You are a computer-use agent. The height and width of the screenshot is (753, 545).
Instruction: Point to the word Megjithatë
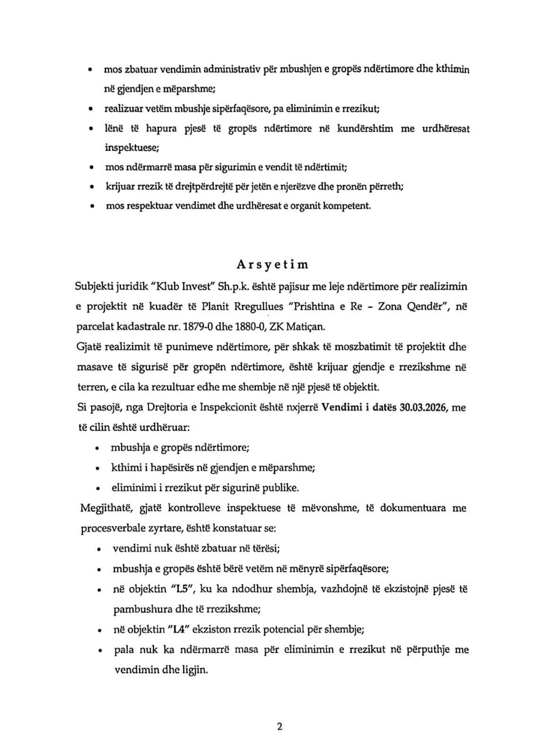click(102, 508)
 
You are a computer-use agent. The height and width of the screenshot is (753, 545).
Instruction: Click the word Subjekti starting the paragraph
click(94, 286)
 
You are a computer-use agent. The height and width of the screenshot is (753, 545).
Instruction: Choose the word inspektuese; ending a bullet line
click(132, 147)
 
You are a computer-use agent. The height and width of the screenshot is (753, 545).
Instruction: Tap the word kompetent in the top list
click(347, 206)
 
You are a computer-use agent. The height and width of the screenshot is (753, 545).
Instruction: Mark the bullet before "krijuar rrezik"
click(90, 187)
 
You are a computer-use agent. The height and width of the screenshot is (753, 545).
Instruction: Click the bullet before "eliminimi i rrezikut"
click(97, 488)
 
